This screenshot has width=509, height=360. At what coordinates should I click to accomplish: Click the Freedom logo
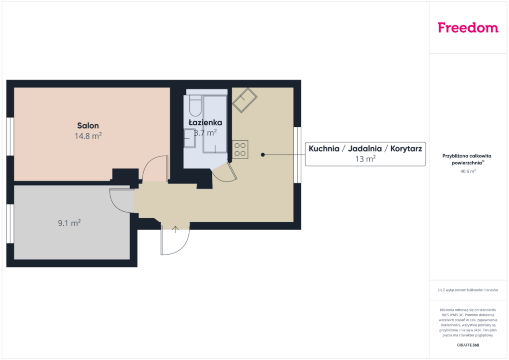468,28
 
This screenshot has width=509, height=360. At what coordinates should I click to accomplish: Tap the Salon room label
88,125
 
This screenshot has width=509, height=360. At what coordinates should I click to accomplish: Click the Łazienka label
205,122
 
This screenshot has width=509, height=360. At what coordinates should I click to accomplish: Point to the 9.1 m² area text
69,223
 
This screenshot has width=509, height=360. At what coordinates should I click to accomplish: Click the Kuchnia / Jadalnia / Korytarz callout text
365,149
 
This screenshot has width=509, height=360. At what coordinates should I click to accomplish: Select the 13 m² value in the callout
365,159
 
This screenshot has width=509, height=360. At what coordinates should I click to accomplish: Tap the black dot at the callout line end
263,155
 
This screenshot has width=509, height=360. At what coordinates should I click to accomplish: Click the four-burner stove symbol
240,149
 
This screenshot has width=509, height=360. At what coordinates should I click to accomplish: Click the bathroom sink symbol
189,138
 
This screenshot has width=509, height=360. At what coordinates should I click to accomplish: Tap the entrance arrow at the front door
175,229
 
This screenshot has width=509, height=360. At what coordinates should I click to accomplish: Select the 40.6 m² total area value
468,171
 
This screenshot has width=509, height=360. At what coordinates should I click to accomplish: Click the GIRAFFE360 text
468,345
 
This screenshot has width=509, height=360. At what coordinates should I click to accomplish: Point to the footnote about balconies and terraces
468,290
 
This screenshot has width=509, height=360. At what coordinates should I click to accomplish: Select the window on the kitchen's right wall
297,155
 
